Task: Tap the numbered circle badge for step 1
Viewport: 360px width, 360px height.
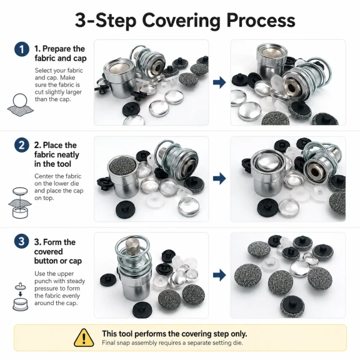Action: (22, 49)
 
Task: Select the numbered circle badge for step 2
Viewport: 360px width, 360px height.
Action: (22, 145)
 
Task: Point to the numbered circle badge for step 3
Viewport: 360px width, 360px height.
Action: (22, 241)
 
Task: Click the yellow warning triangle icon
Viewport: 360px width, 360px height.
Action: (84, 337)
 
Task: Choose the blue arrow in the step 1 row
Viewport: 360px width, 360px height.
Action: (219, 82)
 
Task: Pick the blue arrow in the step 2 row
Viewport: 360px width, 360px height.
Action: (219, 178)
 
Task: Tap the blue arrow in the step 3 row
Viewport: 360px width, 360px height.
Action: (219, 275)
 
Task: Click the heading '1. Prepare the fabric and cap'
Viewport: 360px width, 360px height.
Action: (61, 54)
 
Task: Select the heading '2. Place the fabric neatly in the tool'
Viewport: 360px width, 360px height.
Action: (57, 154)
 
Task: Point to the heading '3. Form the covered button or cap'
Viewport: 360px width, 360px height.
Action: (58, 251)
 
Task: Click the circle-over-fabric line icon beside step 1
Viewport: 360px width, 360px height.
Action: (20, 105)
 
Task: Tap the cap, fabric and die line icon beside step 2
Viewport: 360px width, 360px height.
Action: (20, 202)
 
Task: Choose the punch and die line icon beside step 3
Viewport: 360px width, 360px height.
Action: (21, 297)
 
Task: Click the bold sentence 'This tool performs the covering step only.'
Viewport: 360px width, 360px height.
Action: (174, 334)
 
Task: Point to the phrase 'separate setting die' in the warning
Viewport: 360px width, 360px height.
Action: (215, 342)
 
